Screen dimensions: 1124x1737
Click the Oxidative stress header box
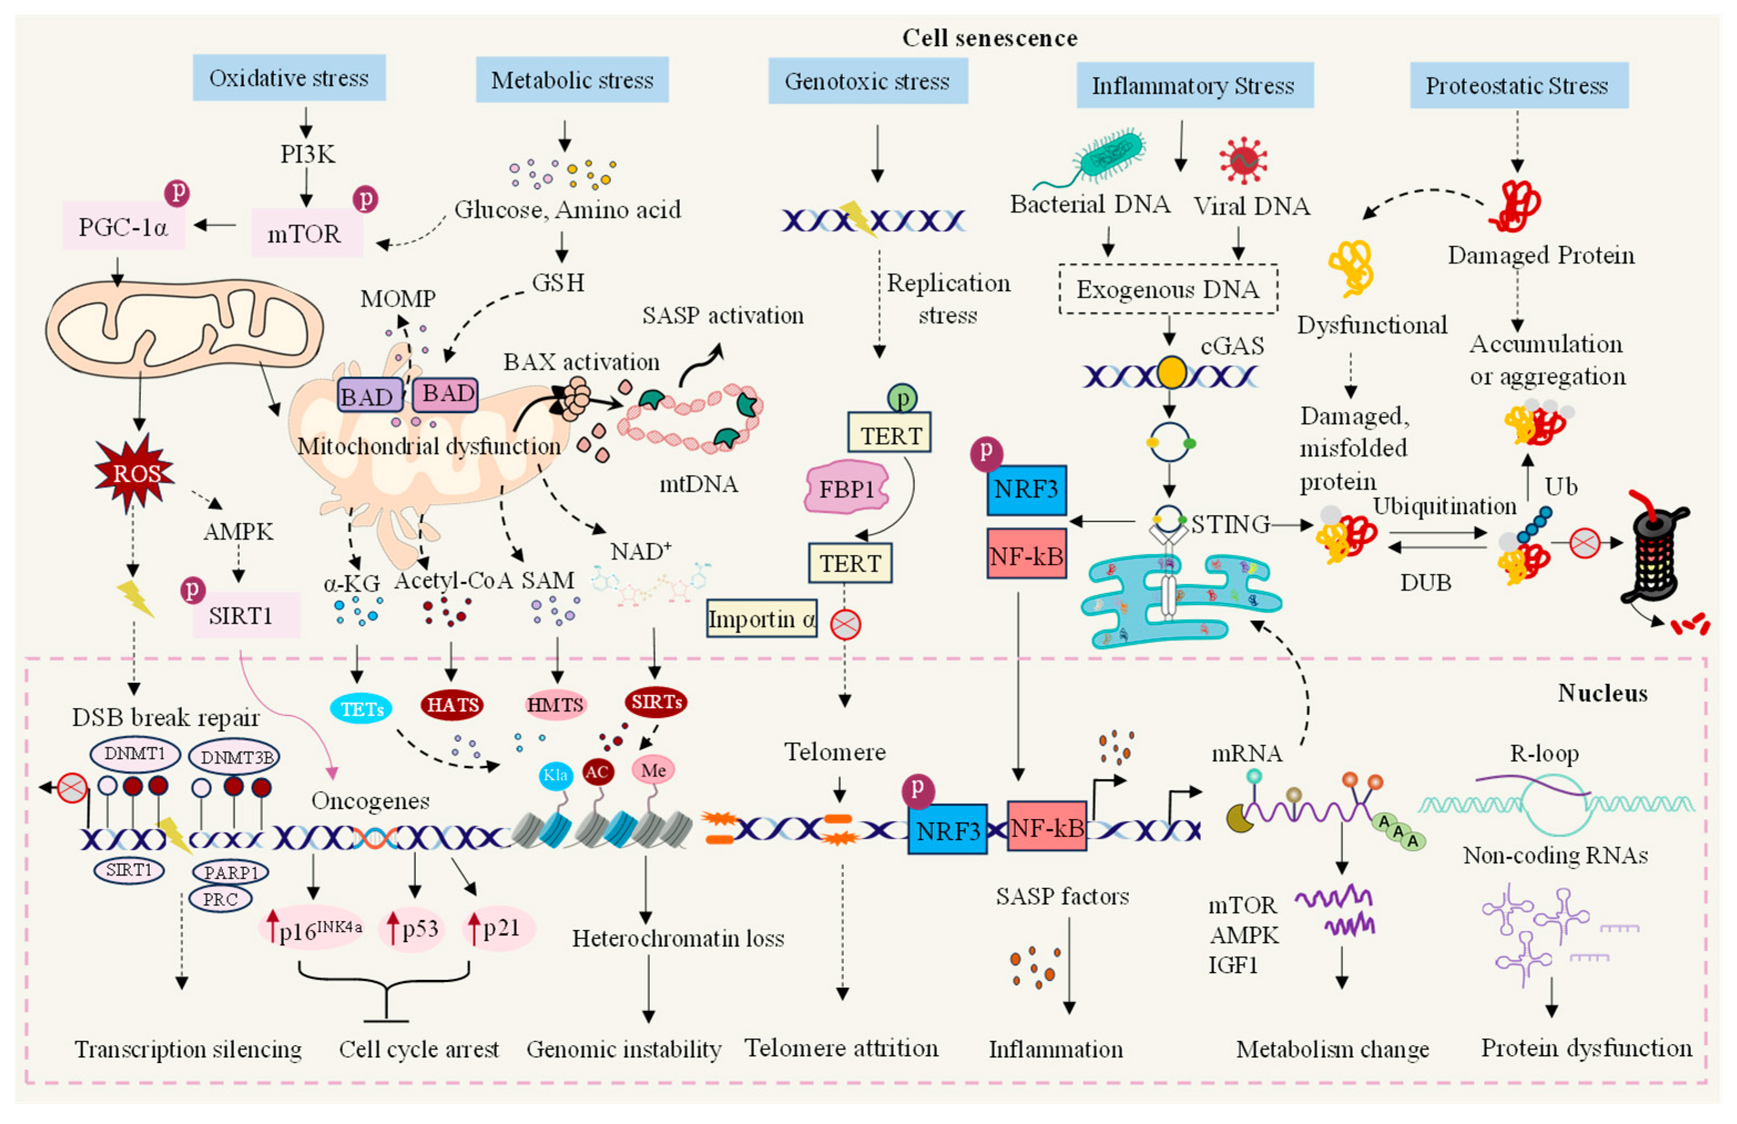(289, 78)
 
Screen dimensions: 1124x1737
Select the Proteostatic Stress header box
(1518, 85)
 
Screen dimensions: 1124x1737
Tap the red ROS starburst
(135, 473)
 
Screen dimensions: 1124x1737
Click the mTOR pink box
(305, 233)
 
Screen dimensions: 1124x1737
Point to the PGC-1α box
(122, 227)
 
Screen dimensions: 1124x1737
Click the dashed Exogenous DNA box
(1168, 289)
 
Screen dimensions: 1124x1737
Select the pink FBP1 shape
(846, 488)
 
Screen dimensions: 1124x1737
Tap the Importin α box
(761, 619)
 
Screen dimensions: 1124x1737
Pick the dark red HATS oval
(452, 704)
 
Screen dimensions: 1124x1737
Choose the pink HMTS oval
(555, 704)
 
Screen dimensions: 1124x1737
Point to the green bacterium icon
(1110, 155)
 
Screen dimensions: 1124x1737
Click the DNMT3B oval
(235, 757)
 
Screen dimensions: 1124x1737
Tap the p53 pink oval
(412, 929)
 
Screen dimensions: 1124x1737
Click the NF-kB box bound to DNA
(1046, 827)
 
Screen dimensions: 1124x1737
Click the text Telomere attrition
(841, 1048)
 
